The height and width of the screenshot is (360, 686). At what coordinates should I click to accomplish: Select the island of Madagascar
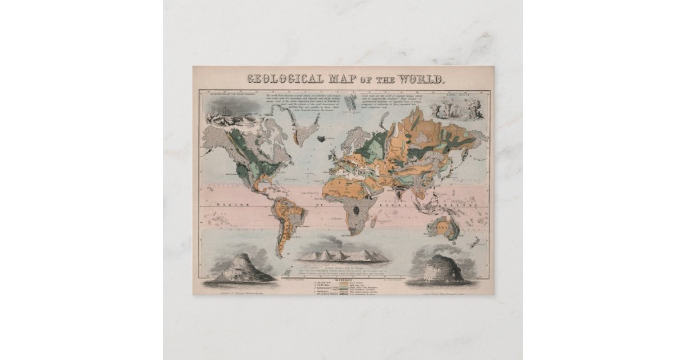[x=374, y=217]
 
